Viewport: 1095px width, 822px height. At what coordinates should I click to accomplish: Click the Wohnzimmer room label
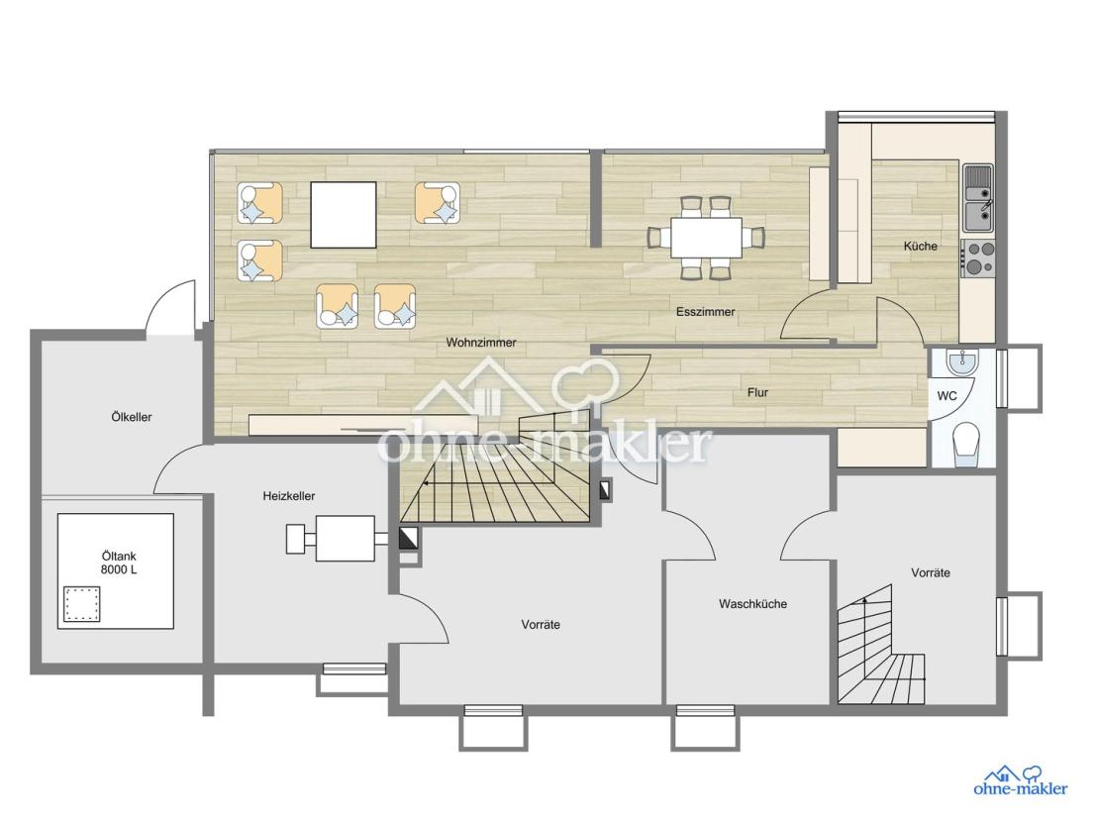click(481, 343)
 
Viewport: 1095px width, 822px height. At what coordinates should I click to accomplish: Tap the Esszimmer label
click(705, 312)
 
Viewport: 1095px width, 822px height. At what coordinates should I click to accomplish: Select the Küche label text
click(921, 246)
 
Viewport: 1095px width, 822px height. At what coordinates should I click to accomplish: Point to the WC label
click(946, 396)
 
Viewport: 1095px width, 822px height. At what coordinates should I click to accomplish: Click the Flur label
click(757, 392)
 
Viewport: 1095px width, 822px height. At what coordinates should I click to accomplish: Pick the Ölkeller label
click(132, 417)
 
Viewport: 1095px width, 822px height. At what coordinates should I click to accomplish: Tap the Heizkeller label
click(289, 496)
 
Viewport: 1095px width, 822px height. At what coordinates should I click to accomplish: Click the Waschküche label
click(752, 604)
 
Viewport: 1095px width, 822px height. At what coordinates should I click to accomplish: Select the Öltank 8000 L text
click(119, 563)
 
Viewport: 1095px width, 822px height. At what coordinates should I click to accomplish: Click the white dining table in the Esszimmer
click(706, 238)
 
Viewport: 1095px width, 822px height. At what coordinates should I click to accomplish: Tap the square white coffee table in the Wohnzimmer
click(344, 215)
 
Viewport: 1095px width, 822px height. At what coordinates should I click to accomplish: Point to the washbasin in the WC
click(963, 361)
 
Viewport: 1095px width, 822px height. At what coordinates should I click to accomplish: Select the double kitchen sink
click(978, 198)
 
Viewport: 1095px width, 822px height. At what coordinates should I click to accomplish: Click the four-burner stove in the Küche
click(977, 257)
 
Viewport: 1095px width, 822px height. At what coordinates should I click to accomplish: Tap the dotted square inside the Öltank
click(82, 604)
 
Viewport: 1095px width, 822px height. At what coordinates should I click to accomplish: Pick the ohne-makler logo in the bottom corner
click(1021, 780)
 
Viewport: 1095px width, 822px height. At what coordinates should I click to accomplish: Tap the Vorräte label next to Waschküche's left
click(541, 624)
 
